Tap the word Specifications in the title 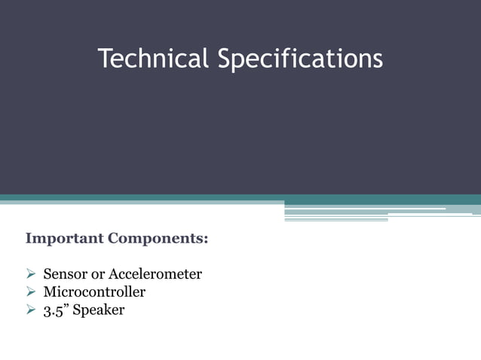[300, 59]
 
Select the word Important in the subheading [64, 239]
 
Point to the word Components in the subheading [156, 239]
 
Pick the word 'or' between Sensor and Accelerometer [98, 274]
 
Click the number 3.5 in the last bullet [52, 310]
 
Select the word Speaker [99, 310]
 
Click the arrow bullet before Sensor [31, 274]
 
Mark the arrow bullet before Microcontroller [31, 291]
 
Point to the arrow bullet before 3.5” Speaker [31, 310]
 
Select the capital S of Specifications [225, 58]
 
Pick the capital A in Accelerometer [115, 274]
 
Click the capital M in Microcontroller [50, 291]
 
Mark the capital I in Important [29, 239]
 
